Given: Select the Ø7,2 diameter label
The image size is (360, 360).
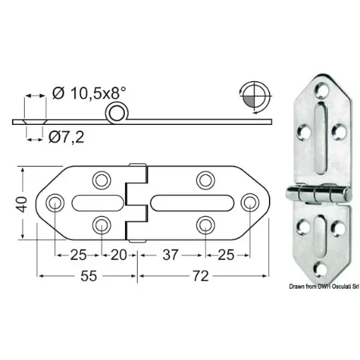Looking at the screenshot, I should tap(69, 136).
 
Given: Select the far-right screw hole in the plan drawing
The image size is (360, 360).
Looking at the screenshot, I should tap(248, 203).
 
